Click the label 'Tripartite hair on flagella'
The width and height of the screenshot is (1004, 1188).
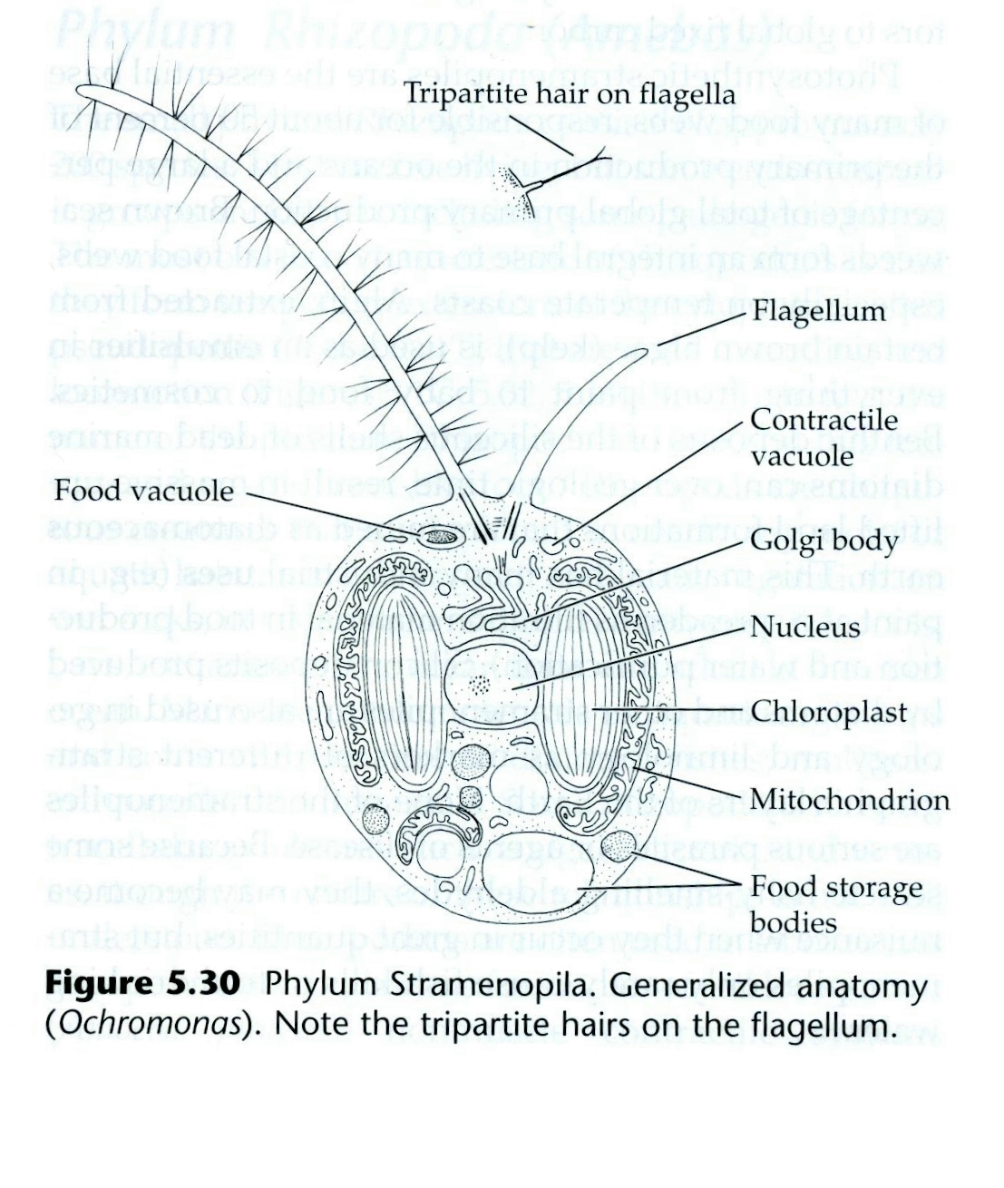569,93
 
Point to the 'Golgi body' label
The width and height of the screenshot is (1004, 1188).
824,541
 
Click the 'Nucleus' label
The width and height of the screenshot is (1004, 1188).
804,627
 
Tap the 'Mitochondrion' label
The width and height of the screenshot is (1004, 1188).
850,799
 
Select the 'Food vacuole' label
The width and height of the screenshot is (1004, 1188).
144,491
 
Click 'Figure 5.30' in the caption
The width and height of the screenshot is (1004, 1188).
142,985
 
